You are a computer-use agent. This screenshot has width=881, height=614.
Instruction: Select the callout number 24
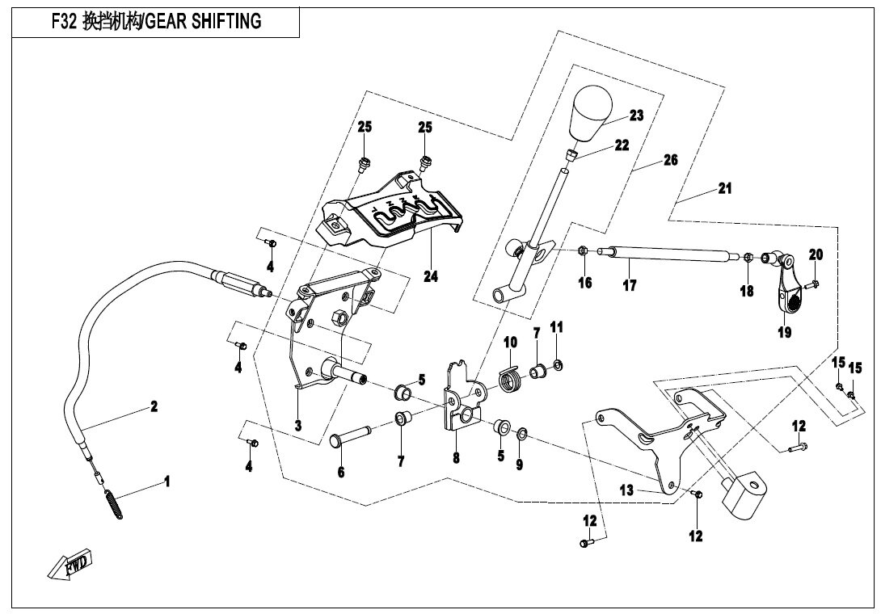[x=430, y=276]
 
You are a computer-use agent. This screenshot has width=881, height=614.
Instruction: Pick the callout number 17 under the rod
[x=630, y=285]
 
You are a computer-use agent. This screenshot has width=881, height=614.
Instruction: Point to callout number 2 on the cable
[x=154, y=406]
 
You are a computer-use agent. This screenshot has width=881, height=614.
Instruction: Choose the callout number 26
[x=670, y=161]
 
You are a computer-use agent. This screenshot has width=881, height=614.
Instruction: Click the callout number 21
[x=724, y=188]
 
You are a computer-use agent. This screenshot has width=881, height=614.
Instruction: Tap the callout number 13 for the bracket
[x=627, y=490]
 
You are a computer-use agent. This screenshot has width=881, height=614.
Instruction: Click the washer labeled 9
[x=521, y=436]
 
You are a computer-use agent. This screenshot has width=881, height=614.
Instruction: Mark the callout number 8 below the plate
[x=456, y=457]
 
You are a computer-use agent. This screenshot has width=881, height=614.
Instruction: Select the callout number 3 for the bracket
[x=297, y=425]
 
